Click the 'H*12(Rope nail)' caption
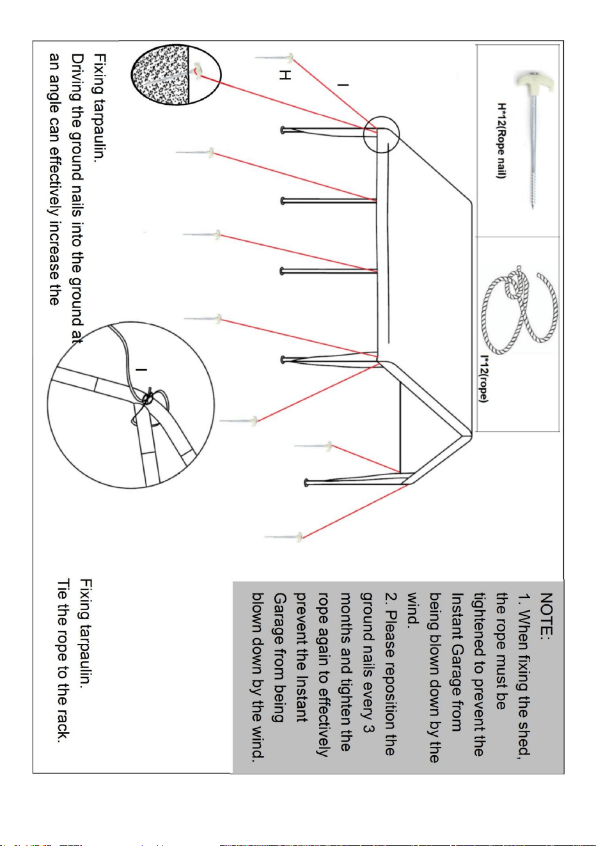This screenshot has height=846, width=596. coord(501,141)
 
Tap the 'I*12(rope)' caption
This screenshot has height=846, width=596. coord(484,378)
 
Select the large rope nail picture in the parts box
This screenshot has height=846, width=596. coord(535,139)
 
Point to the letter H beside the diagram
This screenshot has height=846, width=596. coord(285,75)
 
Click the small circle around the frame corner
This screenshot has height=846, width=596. coord(381,134)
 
